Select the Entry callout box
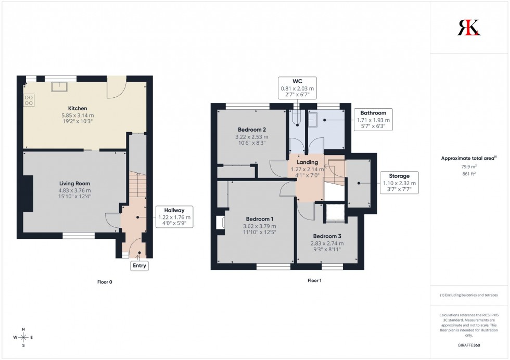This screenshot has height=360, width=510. click(x=139, y=266)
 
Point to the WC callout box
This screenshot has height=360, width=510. click(x=297, y=88)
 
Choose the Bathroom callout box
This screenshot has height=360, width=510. click(x=373, y=120)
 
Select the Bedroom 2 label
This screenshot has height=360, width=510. click(x=252, y=130)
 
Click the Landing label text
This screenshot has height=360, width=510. click(x=308, y=162)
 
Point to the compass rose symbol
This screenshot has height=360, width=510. click(x=24, y=337)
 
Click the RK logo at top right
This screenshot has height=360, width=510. click(x=469, y=28)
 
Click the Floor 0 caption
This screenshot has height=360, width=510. click(x=105, y=282)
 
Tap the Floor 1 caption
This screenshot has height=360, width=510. click(x=314, y=280)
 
